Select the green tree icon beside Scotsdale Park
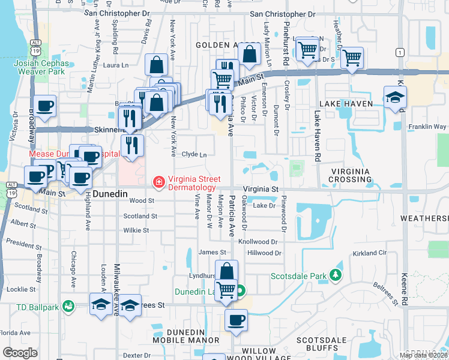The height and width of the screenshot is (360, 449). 336,276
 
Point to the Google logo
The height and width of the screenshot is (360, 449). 20,353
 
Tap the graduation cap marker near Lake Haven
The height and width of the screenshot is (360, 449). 395,98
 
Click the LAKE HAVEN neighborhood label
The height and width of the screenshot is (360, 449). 346,104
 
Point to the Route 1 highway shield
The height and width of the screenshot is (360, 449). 399,53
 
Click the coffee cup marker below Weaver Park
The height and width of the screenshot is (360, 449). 45,107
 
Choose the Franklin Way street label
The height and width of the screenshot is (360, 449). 427,127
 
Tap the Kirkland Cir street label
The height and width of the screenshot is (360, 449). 370,253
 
